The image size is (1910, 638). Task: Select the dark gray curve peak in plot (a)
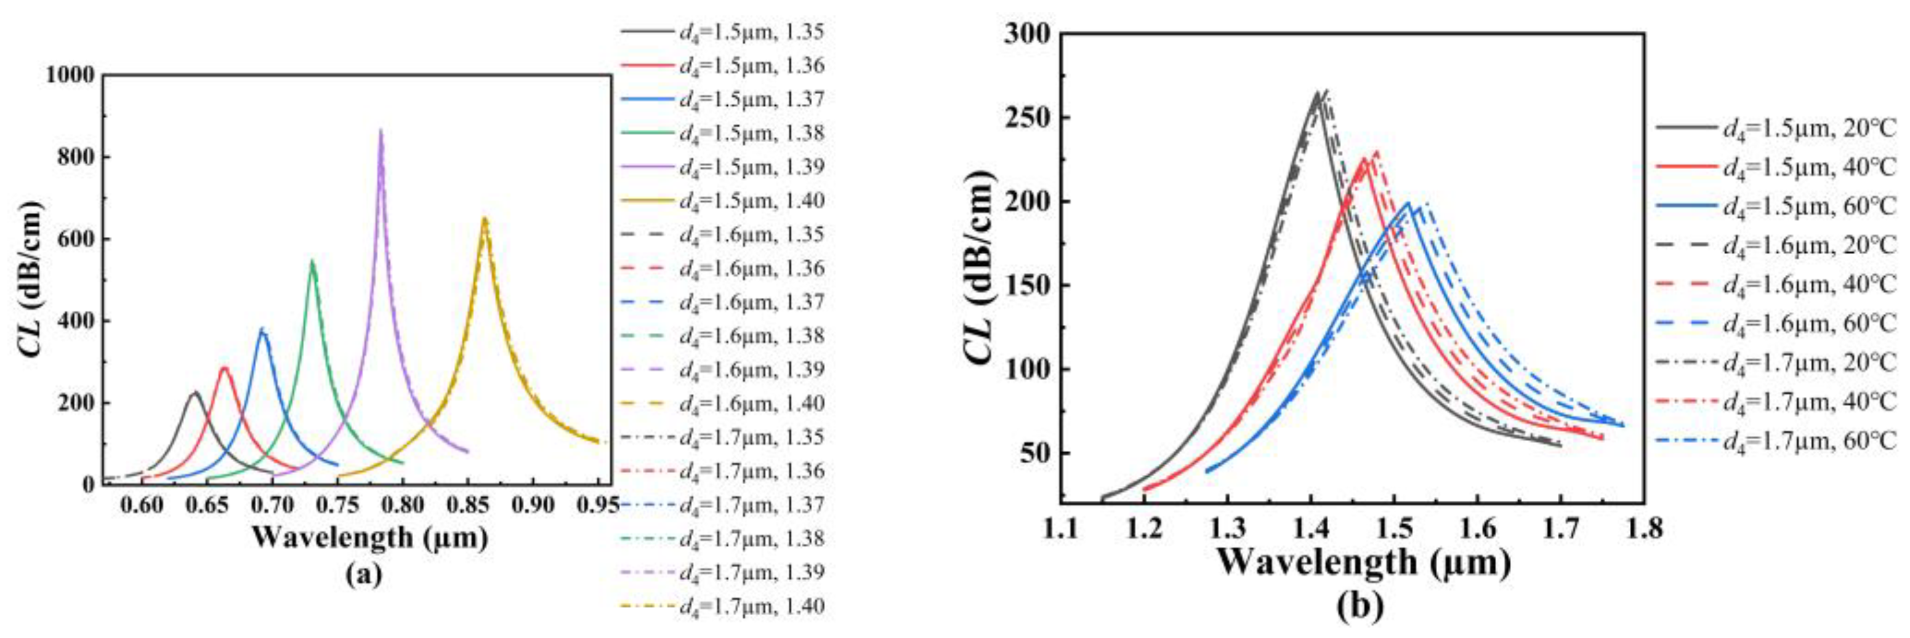tap(195, 393)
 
